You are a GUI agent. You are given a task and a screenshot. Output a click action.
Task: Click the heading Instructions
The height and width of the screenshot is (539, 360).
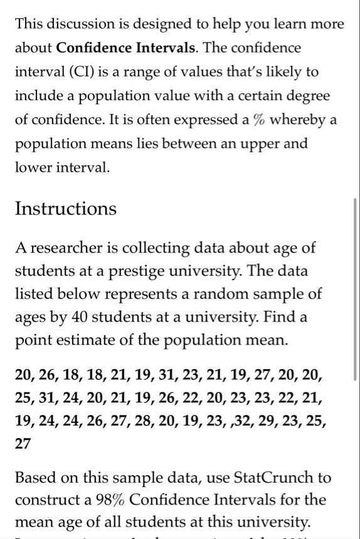(66, 209)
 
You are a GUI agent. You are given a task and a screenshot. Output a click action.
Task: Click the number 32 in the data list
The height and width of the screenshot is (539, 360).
(237, 421)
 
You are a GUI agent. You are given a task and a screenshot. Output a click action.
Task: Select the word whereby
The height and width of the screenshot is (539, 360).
(297, 120)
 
